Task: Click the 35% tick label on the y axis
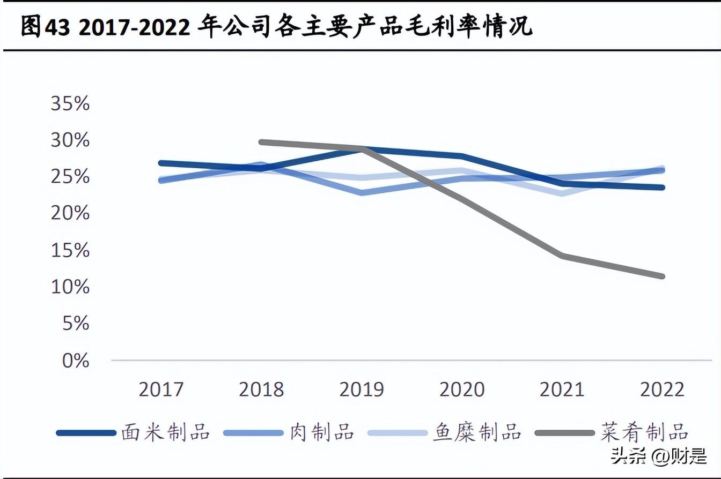pyautogui.click(x=70, y=103)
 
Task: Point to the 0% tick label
pyautogui.click(x=75, y=361)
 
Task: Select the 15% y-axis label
pyautogui.click(x=70, y=250)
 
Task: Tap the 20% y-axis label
pyautogui.click(x=70, y=214)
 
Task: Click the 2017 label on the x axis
pyautogui.click(x=161, y=390)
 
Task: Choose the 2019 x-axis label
pyautogui.click(x=362, y=390)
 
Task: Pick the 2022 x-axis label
pyautogui.click(x=663, y=390)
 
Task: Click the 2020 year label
pyautogui.click(x=462, y=390)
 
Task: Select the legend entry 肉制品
pyautogui.click(x=322, y=432)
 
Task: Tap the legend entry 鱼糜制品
pyautogui.click(x=477, y=432)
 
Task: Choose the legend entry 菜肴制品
pyautogui.click(x=644, y=432)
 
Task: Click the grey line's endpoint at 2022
pyautogui.click(x=663, y=276)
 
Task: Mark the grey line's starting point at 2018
pyautogui.click(x=261, y=142)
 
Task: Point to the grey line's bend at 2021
pyautogui.click(x=562, y=256)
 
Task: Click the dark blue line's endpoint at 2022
pyautogui.click(x=663, y=188)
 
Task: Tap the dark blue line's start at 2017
pyautogui.click(x=161, y=163)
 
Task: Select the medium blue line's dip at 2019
pyautogui.click(x=362, y=192)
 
